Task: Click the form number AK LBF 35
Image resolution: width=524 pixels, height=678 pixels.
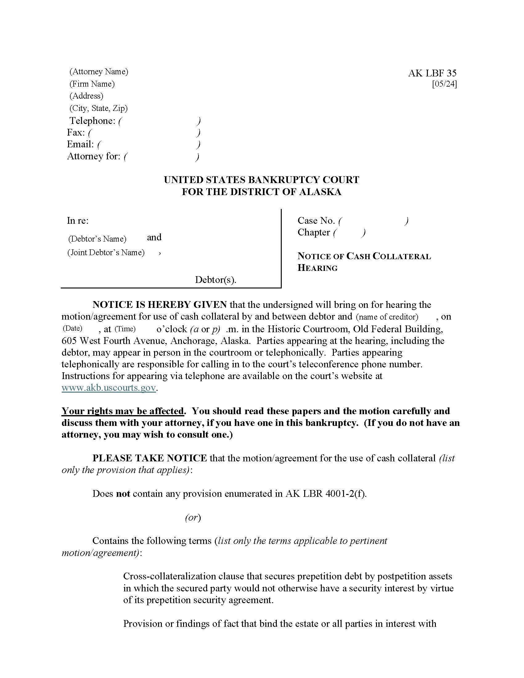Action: tap(432, 73)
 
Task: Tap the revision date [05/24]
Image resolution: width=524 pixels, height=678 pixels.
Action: tap(444, 84)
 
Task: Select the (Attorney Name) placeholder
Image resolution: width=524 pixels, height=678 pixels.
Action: tap(99, 71)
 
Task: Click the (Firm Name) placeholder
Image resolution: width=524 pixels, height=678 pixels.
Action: tap(92, 84)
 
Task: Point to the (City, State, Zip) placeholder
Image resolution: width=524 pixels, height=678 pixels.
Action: tap(98, 108)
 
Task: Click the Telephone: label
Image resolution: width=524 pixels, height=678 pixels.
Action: tap(92, 120)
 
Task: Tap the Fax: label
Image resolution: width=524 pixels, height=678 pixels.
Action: tap(76, 133)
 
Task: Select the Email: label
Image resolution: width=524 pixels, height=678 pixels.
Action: tap(80, 144)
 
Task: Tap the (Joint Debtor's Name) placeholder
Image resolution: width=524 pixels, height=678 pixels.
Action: tap(106, 252)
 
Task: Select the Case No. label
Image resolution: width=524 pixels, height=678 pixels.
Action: tap(316, 221)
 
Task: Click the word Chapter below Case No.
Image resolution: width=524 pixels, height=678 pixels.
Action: tap(313, 232)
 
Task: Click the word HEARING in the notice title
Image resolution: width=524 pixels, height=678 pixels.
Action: tap(317, 268)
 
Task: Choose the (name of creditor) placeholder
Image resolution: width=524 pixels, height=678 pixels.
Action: tap(387, 317)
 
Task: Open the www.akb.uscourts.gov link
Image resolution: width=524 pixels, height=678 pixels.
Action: tap(108, 388)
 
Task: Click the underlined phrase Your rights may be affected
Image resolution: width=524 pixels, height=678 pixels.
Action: tap(123, 411)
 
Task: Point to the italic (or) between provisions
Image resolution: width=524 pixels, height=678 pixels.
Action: tap(193, 517)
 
